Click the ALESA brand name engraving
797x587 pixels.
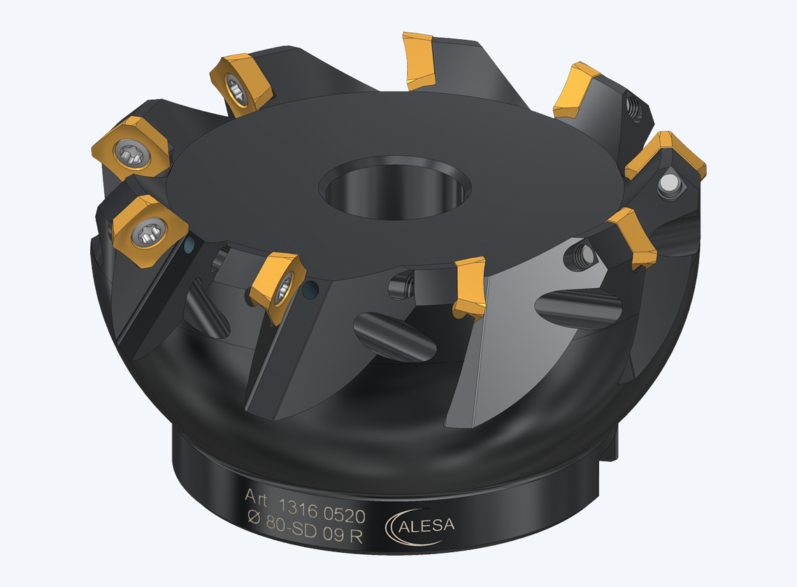[x=426, y=526]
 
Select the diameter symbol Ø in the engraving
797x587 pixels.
[x=254, y=517]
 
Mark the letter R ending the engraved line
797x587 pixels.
[x=356, y=536]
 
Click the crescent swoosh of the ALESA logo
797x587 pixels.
[x=401, y=528]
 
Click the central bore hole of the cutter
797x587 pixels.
[x=395, y=187]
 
